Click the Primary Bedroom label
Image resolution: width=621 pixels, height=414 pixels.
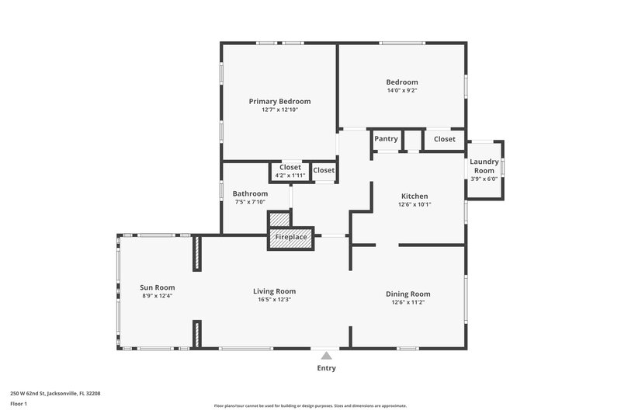(x=279, y=101)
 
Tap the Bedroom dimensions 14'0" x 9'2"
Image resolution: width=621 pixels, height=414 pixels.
(x=402, y=91)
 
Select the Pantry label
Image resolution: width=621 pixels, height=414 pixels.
(x=386, y=139)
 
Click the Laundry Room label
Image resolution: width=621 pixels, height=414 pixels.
(x=484, y=166)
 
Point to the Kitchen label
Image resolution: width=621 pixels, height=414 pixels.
(x=415, y=196)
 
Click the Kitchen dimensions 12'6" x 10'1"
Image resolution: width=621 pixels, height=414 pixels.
(x=415, y=205)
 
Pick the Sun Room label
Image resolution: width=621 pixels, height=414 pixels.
(x=157, y=287)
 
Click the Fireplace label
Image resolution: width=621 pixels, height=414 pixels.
(x=291, y=237)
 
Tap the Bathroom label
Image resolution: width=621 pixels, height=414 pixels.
(x=250, y=193)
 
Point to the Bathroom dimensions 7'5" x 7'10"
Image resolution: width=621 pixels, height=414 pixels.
(x=250, y=203)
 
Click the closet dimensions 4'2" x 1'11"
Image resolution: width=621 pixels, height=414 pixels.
(x=290, y=176)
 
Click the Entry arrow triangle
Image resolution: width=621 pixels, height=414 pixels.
(x=327, y=355)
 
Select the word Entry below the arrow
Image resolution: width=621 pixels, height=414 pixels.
(x=327, y=368)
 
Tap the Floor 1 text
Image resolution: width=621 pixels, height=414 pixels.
(x=19, y=404)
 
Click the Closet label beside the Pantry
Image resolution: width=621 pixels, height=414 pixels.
(x=445, y=139)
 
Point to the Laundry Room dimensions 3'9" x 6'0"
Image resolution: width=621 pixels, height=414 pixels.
(x=484, y=179)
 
